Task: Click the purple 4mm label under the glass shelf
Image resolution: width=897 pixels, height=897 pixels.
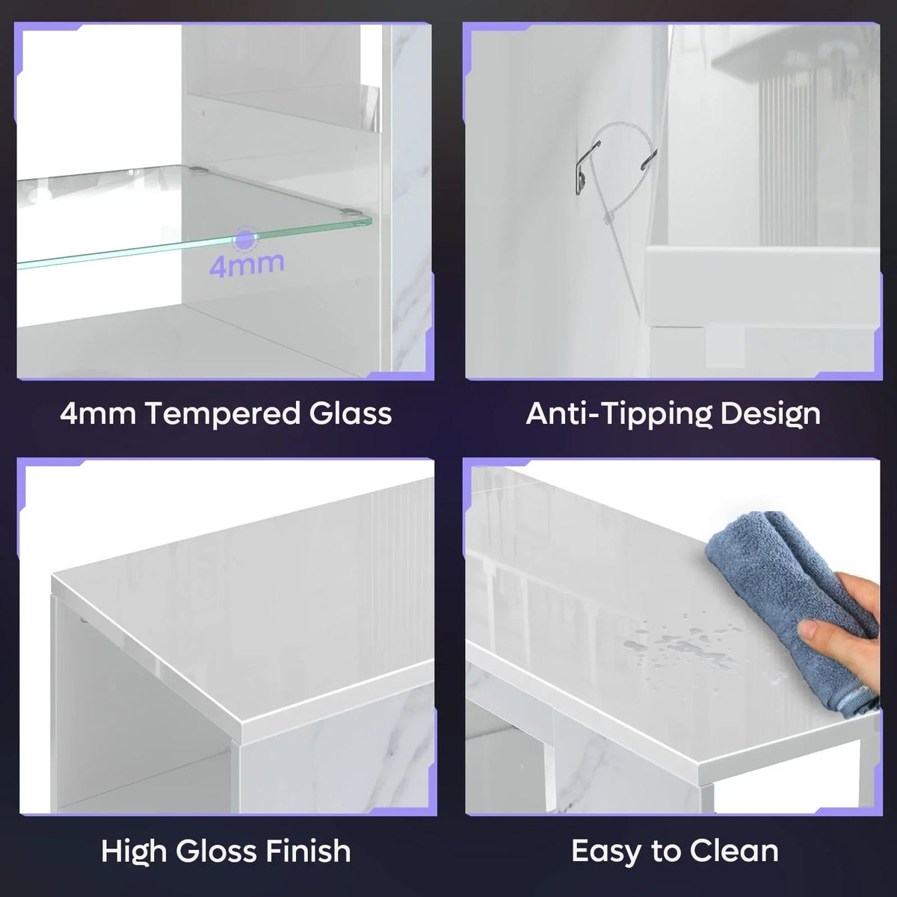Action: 247,265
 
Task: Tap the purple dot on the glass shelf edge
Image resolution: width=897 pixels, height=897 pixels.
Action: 245,239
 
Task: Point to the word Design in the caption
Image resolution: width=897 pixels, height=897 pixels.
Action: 771,414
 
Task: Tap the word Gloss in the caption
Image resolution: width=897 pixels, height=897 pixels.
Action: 215,851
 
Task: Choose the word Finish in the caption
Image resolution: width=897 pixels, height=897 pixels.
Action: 308,851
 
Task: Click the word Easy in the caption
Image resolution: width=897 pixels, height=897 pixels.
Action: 606,852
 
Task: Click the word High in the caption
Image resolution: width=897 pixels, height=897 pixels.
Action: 134,852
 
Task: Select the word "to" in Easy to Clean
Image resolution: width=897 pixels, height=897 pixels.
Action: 665,852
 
